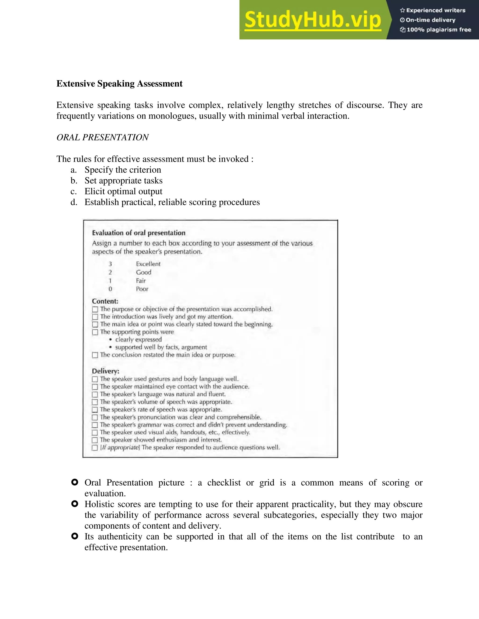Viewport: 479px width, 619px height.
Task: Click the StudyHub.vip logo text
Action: pos(312,20)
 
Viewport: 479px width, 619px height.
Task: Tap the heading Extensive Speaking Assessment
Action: pos(119,84)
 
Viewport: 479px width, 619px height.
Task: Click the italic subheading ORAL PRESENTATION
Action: pos(102,137)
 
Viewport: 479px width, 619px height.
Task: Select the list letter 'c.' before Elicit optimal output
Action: pos(73,192)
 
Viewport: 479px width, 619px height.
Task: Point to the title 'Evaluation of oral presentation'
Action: pos(138,233)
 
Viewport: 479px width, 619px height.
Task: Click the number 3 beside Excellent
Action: pos(110,264)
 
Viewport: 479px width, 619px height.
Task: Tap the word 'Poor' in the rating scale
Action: pos(142,289)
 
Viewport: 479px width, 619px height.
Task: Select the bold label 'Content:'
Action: pos(105,301)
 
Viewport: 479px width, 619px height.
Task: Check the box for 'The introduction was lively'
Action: pos(95,317)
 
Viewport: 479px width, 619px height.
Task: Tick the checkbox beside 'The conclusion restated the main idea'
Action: pos(95,355)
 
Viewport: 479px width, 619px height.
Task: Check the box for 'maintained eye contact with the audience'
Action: pos(95,387)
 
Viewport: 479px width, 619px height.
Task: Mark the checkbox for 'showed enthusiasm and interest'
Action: pos(95,440)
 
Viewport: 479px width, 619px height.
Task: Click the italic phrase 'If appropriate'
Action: pos(120,448)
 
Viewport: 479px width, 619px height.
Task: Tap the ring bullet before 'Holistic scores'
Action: pos(75,504)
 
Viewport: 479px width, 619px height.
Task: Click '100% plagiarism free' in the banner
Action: pos(439,30)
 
